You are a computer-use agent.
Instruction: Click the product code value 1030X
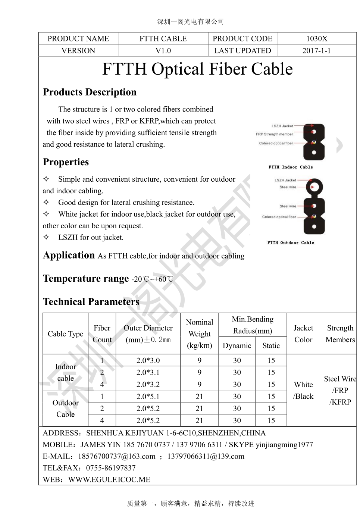point(316,38)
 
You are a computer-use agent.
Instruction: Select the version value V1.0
point(163,50)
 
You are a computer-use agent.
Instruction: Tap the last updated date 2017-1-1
point(316,50)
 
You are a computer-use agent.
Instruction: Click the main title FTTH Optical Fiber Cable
point(197,69)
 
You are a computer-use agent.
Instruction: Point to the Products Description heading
point(90,92)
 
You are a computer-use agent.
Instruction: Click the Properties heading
point(66,162)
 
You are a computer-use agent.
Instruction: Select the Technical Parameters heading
point(91,301)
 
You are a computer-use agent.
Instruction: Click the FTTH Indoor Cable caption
point(291,167)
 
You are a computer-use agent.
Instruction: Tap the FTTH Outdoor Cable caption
point(291,242)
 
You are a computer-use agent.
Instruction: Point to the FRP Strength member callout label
point(274,134)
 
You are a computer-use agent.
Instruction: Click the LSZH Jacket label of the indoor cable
point(282,126)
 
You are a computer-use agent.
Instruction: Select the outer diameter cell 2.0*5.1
point(148,397)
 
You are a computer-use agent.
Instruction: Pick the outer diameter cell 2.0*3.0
point(148,360)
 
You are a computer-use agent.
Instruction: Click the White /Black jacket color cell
point(303,390)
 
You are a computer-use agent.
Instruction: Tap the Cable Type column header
point(65,334)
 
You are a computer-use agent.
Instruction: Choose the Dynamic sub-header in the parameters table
point(237,345)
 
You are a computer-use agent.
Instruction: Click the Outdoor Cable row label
point(65,409)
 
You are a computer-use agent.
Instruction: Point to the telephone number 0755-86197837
point(111,468)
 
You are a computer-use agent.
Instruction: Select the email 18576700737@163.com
point(116,456)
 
